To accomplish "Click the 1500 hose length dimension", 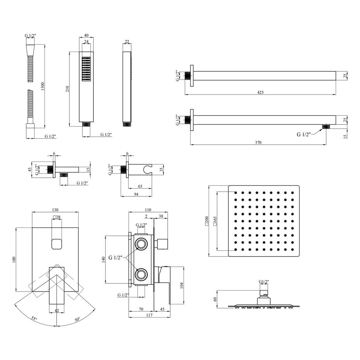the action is (x=42, y=86).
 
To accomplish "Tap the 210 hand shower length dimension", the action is (x=67, y=89).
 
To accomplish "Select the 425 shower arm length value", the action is (x=261, y=92).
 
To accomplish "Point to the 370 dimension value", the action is (x=258, y=142).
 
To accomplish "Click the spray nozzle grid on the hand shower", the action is (x=86, y=69).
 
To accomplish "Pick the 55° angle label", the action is (x=34, y=319).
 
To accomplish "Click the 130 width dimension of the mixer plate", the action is (x=55, y=210).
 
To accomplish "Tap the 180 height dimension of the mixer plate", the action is (x=14, y=260).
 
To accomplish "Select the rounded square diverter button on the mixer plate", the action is (x=57, y=244).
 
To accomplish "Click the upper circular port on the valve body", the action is (x=141, y=243).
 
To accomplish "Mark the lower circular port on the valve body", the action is (x=141, y=274).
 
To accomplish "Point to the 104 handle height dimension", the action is (x=182, y=285).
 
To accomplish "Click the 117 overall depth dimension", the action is (x=149, y=315).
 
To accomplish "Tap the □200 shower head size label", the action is (x=206, y=221).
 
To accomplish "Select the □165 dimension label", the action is (x=215, y=221).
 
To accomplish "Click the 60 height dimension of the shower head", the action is (x=215, y=299).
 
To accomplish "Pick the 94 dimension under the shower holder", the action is (x=136, y=194).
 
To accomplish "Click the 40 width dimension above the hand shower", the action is (x=86, y=35).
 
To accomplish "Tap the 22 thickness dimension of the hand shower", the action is (x=127, y=41).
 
